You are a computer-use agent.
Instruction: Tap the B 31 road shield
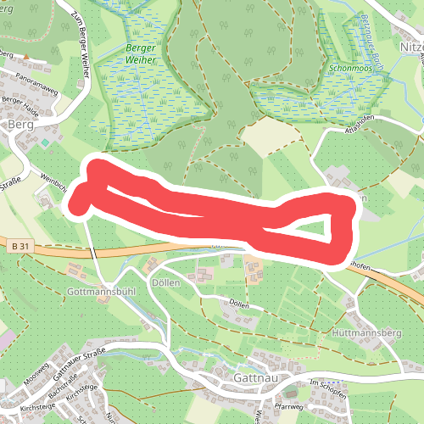22,246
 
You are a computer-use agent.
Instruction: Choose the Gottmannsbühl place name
100,290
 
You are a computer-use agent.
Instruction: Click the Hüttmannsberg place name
366,333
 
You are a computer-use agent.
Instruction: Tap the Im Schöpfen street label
326,383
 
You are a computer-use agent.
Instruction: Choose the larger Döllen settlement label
165,282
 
